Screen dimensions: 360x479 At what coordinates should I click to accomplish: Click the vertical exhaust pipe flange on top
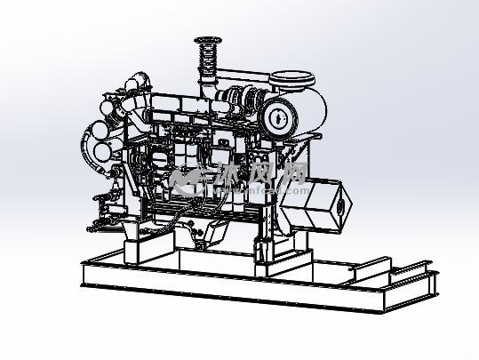207,38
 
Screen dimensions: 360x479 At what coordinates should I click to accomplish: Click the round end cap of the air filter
276,116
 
